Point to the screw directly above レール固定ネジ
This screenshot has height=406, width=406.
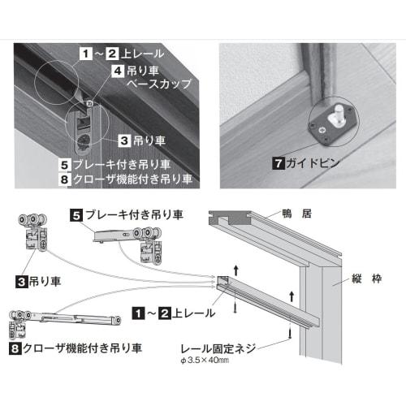[290, 331]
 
